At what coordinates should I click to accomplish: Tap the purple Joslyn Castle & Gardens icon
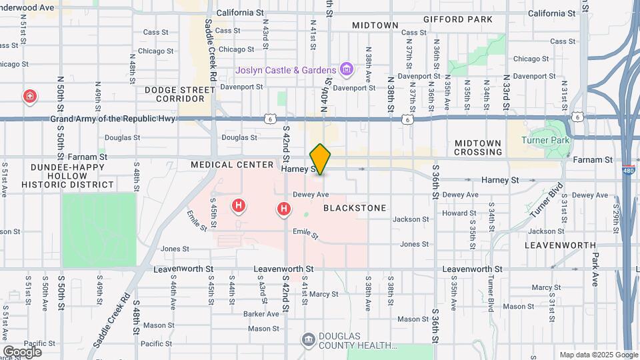pos(346,69)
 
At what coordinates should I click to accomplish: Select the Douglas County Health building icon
pos(309,341)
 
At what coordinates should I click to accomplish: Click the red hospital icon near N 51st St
pos(29,97)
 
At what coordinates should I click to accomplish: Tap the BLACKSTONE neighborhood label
pos(355,208)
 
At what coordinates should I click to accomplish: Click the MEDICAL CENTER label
pos(232,165)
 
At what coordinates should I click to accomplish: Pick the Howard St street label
pos(459,213)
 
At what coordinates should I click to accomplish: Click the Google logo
pos(22,351)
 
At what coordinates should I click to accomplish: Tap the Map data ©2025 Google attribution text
pos(597,355)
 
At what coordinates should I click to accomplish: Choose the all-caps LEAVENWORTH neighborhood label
pos(560,245)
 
